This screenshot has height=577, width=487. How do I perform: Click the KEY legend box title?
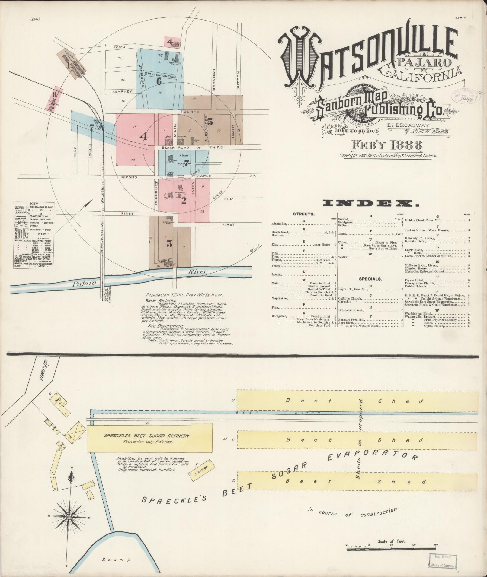pos(34,204)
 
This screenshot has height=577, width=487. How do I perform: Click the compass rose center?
pos(69,517)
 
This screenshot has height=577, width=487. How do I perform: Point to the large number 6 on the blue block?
pos(159,81)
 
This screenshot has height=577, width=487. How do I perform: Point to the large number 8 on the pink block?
pos(55,95)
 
